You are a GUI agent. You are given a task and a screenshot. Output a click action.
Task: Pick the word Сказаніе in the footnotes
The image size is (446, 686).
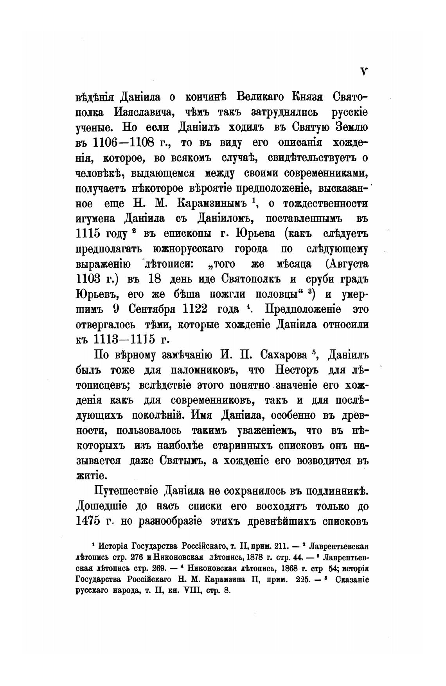click(x=352, y=580)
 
